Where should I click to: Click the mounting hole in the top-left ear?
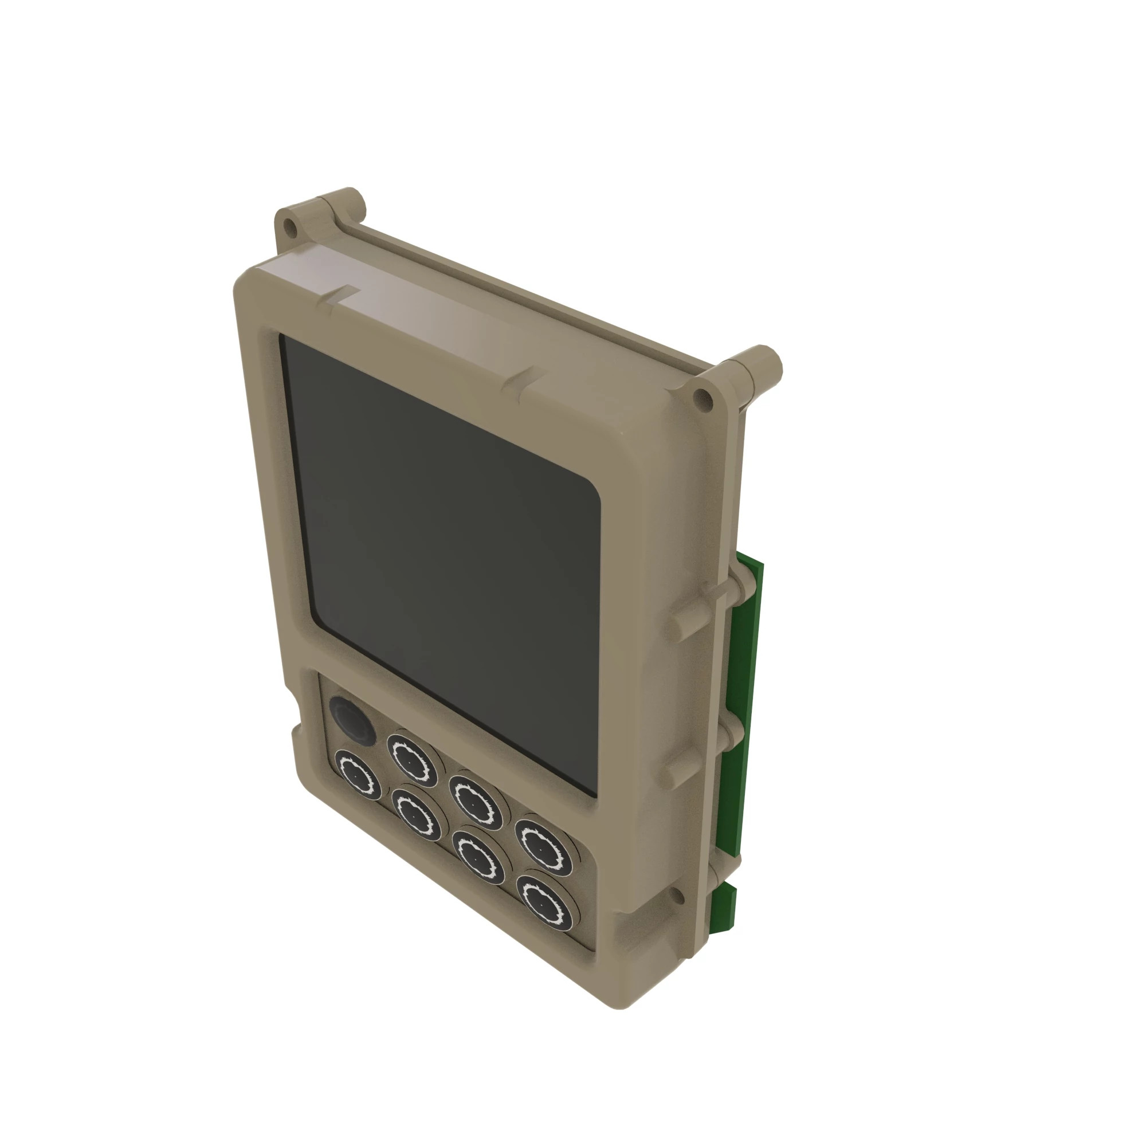point(289,226)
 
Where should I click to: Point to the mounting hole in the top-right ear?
point(702,397)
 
